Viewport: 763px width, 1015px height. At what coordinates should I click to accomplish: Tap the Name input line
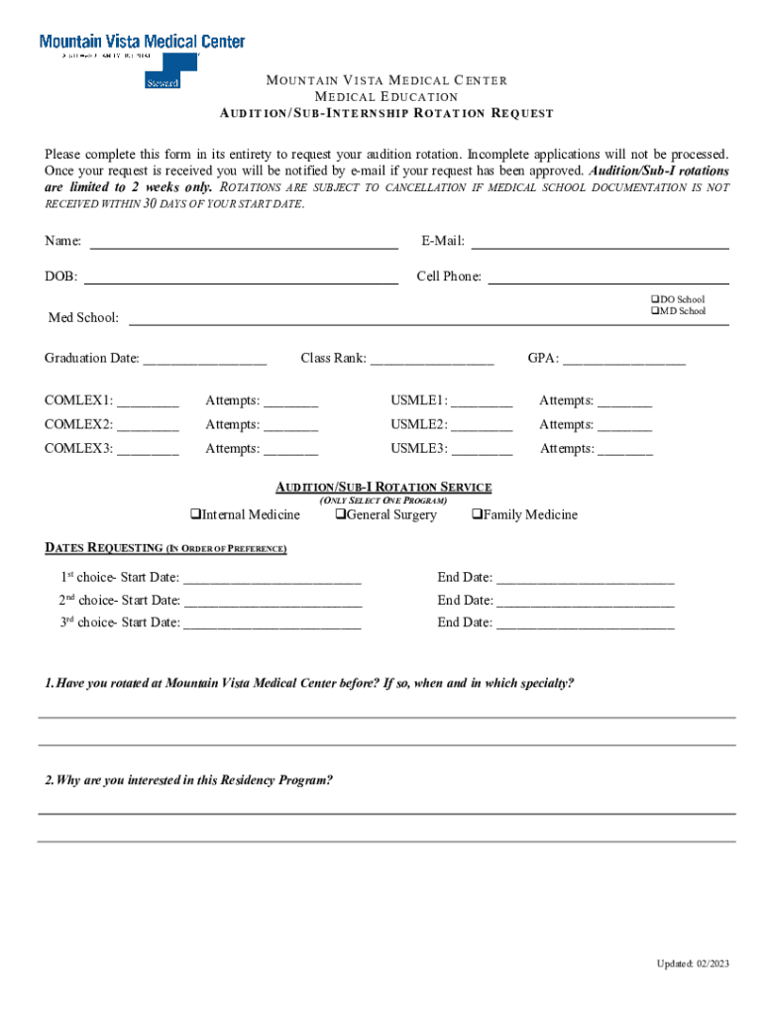coord(244,243)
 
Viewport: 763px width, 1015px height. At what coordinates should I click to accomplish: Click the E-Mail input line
coord(599,243)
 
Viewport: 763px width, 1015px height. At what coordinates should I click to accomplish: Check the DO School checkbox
coord(655,299)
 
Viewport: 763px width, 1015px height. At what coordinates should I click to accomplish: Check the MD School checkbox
coord(655,311)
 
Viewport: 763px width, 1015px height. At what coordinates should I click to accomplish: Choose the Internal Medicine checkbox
coord(196,514)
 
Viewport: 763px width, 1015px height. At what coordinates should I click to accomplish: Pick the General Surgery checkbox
coord(340,514)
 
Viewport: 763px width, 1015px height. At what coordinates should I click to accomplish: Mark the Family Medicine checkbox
coord(477,514)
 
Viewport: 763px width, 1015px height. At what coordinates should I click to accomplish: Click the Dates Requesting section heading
coord(165,548)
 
